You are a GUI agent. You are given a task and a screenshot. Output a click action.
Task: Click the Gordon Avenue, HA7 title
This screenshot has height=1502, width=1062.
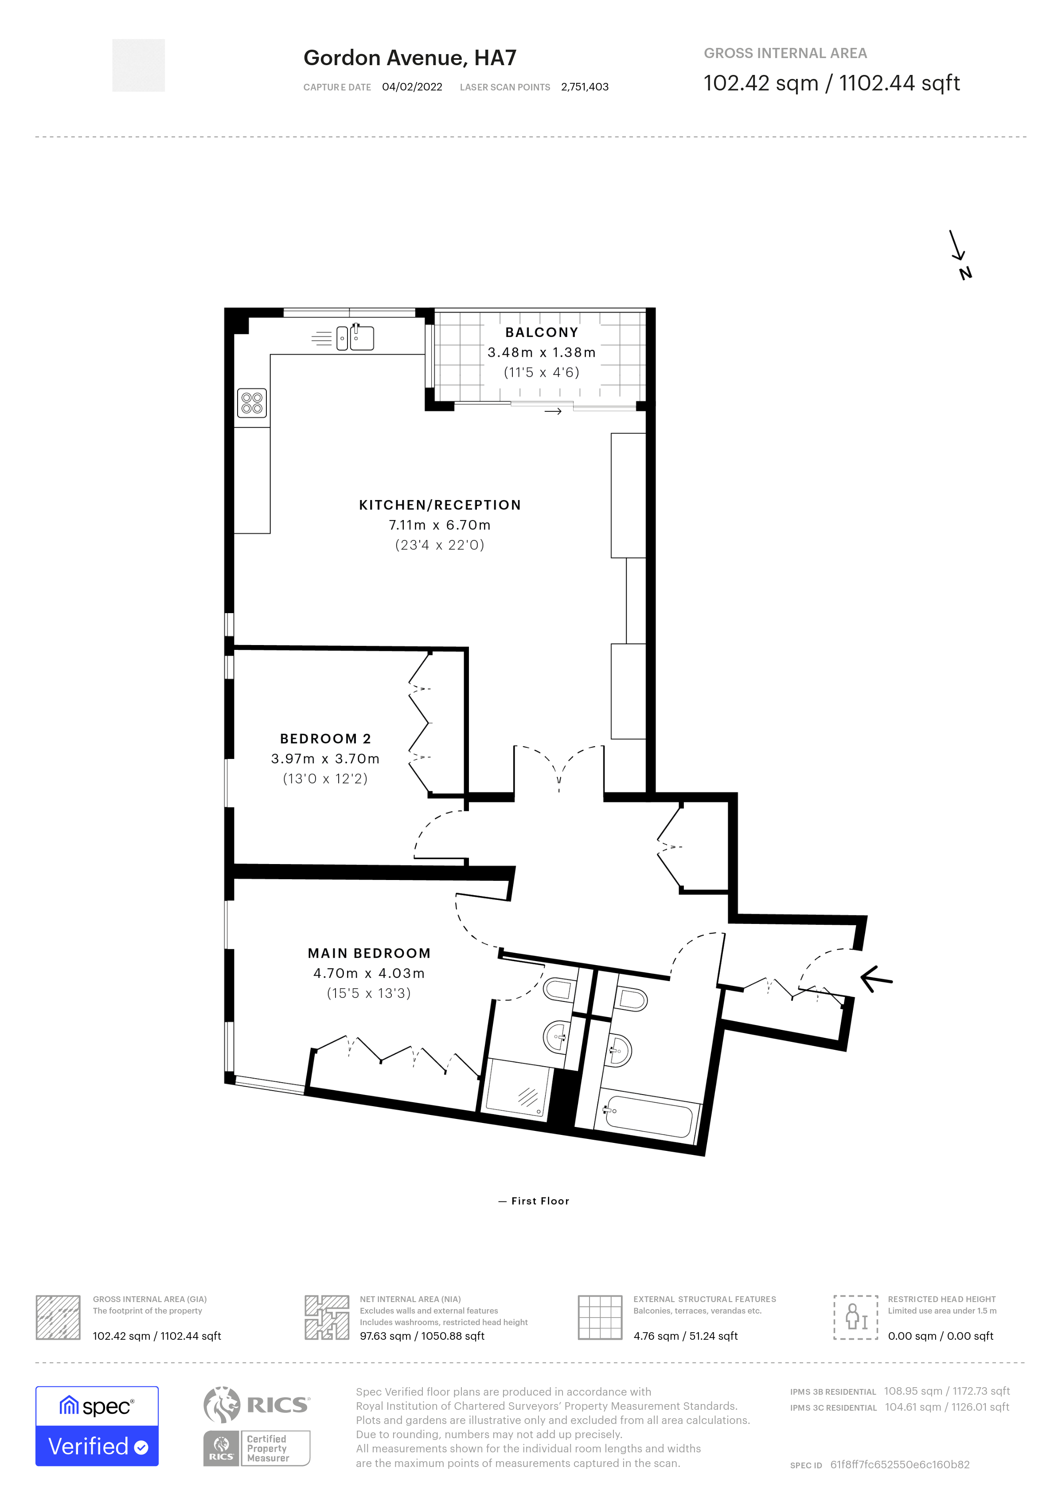click(410, 58)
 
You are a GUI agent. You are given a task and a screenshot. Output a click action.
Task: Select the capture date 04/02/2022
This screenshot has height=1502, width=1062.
click(412, 87)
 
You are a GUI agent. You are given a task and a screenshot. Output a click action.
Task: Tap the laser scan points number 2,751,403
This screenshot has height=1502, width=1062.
click(585, 87)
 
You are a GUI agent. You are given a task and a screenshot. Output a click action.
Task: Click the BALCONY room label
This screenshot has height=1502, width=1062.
click(542, 332)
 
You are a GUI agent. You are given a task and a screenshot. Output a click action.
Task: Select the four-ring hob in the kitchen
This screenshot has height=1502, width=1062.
click(252, 403)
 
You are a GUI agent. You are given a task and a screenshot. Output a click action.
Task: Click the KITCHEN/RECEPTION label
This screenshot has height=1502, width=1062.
click(439, 505)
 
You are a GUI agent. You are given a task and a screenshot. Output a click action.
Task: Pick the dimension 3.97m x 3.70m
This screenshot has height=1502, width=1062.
click(325, 759)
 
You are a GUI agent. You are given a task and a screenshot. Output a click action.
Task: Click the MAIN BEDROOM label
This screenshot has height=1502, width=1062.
click(369, 953)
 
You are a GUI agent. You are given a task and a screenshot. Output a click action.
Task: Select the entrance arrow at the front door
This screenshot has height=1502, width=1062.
click(876, 979)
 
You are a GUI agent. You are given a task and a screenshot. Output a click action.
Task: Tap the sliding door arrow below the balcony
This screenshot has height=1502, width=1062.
click(553, 411)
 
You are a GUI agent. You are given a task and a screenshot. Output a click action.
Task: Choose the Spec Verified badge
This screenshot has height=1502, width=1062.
click(97, 1425)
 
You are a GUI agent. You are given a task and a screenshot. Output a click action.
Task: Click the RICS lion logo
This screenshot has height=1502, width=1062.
click(222, 1404)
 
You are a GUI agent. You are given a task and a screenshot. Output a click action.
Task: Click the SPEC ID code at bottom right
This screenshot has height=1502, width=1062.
click(899, 1465)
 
